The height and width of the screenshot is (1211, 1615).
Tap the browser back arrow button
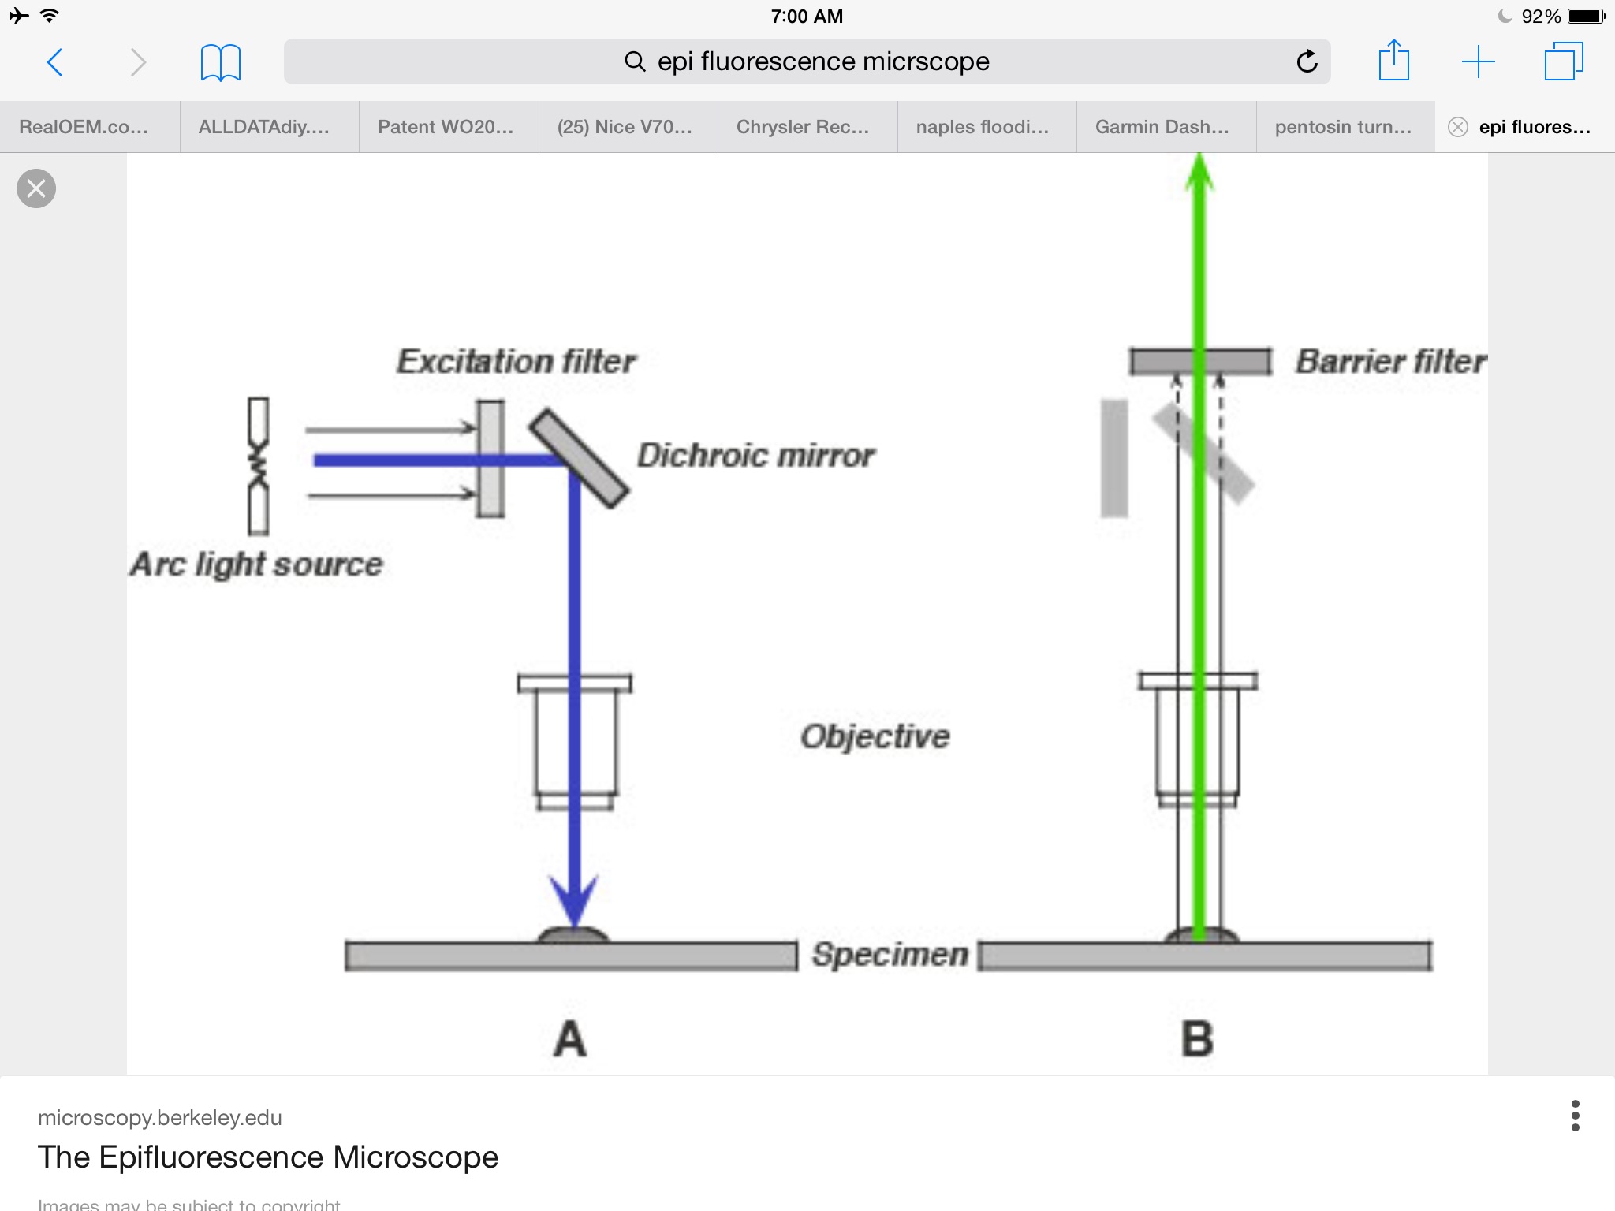[55, 62]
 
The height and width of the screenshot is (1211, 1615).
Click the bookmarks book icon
[220, 62]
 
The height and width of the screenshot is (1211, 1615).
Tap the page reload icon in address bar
[1307, 61]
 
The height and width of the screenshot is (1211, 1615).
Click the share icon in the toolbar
[1393, 61]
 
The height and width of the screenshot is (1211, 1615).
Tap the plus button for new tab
[1478, 61]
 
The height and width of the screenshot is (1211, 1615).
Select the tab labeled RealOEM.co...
[84, 127]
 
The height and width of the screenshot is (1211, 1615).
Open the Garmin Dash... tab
[1162, 127]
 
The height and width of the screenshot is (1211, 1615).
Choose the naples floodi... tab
[983, 127]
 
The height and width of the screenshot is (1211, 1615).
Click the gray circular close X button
[36, 188]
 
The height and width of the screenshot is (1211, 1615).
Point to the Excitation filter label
[516, 362]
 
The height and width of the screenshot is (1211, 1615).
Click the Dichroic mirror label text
[755, 456]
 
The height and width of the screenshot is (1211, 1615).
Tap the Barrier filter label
[1390, 362]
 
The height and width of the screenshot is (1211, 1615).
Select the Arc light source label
[256, 565]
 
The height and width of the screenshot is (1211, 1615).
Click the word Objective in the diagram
[875, 736]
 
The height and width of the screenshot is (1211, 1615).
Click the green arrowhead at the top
[1199, 173]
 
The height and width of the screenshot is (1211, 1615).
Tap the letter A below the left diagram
[570, 1039]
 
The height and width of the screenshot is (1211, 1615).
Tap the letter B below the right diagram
[1197, 1039]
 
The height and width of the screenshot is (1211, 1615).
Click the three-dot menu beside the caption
[1575, 1116]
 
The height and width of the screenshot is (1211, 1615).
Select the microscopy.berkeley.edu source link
[160, 1117]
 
